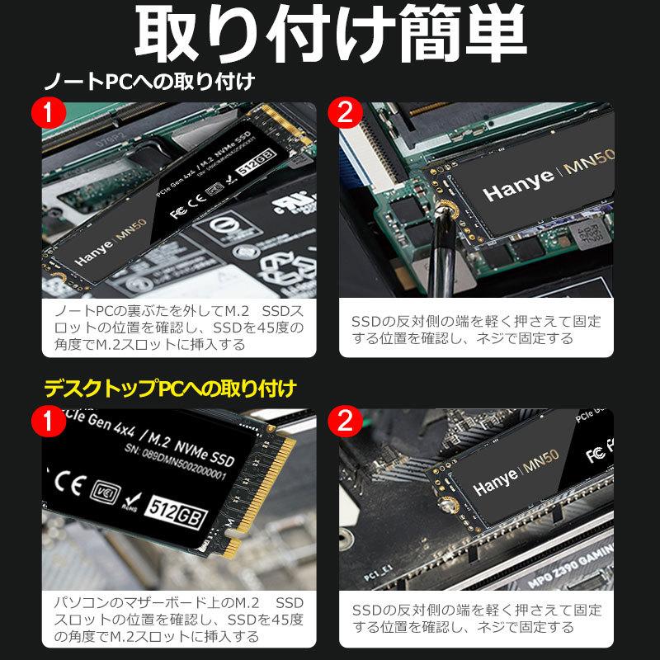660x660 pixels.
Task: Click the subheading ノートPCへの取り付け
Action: coord(148,83)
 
